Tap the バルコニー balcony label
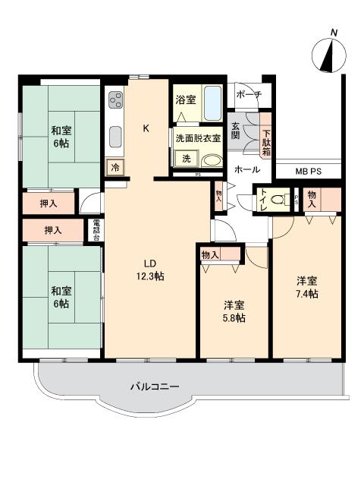coord(154,387)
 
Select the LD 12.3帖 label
coord(149,271)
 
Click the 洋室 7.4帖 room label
coord(307,288)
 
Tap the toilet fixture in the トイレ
coord(278,200)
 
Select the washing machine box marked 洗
coord(187,159)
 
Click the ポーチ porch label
coord(248,94)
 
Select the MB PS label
coord(308,172)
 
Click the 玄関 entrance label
coord(236,130)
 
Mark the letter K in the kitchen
coord(146,128)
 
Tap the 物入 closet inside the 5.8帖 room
coord(210,255)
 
